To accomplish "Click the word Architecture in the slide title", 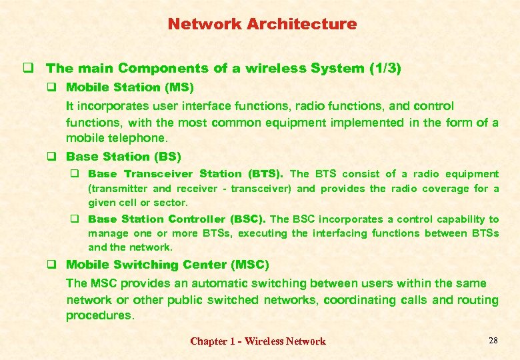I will coord(301,24).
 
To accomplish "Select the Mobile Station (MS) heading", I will coord(130,87).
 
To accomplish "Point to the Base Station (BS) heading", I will coord(123,157).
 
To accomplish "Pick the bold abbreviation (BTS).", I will coord(265,174).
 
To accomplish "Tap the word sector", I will coord(173,203).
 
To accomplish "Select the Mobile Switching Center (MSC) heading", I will coord(167,265).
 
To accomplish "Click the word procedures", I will coord(100,316).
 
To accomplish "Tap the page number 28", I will coord(493,341).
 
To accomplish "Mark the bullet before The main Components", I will coord(29,68).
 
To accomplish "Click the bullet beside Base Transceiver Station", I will coord(77,174).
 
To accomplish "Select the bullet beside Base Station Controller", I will coord(77,219).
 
